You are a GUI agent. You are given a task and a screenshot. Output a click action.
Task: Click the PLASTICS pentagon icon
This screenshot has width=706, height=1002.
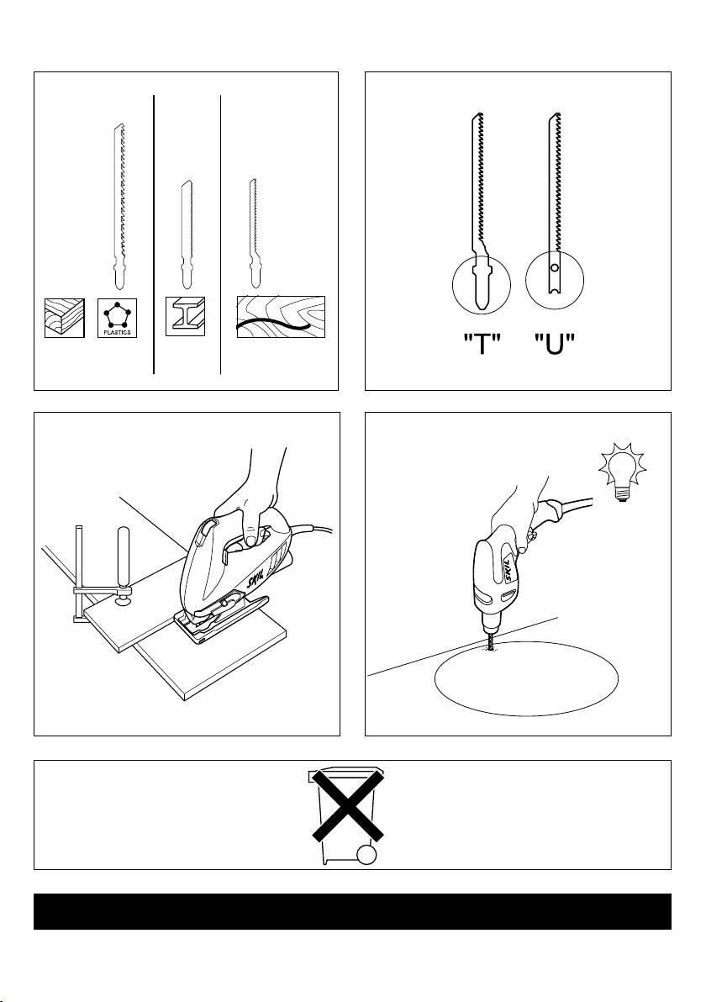117,317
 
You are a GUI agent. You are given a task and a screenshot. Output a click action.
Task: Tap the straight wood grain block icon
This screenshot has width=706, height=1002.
65,317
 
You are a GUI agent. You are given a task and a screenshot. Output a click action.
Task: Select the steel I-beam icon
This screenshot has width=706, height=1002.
185,316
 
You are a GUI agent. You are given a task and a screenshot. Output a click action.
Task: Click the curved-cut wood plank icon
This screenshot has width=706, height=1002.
281,317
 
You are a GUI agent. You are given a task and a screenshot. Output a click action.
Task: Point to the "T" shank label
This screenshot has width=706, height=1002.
482,345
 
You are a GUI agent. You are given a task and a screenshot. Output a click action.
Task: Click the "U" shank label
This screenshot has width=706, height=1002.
555,345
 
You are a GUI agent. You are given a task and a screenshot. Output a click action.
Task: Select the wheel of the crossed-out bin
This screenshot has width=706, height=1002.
366,855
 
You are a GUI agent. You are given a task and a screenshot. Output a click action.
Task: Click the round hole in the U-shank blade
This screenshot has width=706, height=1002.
555,267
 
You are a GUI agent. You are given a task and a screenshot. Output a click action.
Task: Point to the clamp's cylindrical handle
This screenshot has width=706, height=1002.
122,555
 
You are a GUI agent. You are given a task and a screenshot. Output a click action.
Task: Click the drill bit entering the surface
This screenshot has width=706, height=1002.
490,640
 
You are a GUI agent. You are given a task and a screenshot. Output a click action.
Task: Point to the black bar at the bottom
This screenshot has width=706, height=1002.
353,911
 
